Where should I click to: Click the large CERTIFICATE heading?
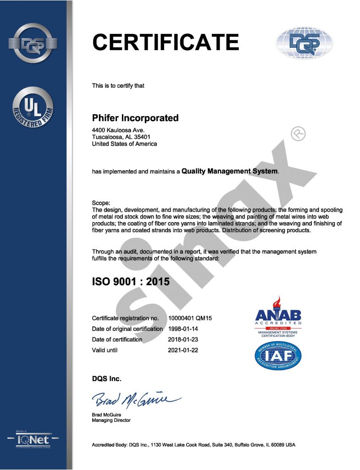(x=166, y=43)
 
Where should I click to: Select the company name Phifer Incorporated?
(x=135, y=118)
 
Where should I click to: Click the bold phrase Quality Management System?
(x=229, y=171)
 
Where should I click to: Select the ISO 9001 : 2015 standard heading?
(x=131, y=281)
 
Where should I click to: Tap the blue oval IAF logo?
(x=278, y=356)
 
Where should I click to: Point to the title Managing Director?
(x=111, y=420)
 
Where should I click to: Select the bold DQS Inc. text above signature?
(x=107, y=379)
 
